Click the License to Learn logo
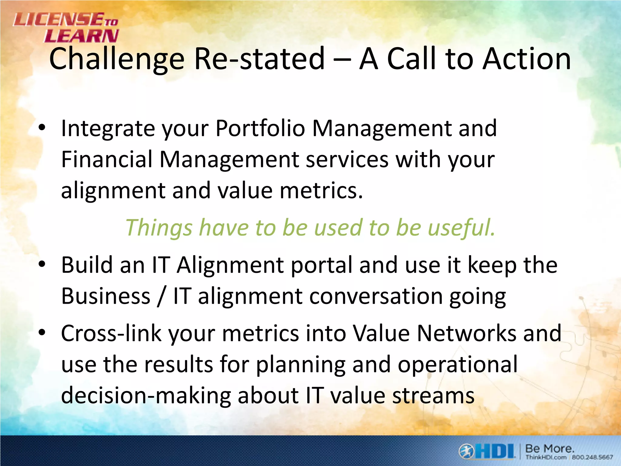66,28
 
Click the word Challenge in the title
117,59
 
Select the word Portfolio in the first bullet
260,129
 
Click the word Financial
107,160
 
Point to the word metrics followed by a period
321,191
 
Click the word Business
106,296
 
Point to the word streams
433,396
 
